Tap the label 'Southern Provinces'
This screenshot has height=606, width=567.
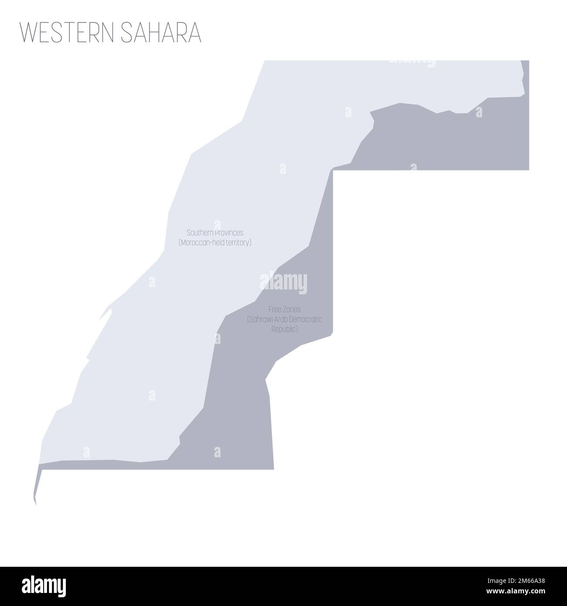click(x=215, y=233)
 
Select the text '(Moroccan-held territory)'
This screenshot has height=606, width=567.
click(x=215, y=242)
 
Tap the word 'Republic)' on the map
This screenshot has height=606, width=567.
click(x=284, y=330)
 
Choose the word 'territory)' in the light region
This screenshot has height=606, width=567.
click(x=237, y=242)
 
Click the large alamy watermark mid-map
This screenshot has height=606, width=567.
click(x=283, y=283)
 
